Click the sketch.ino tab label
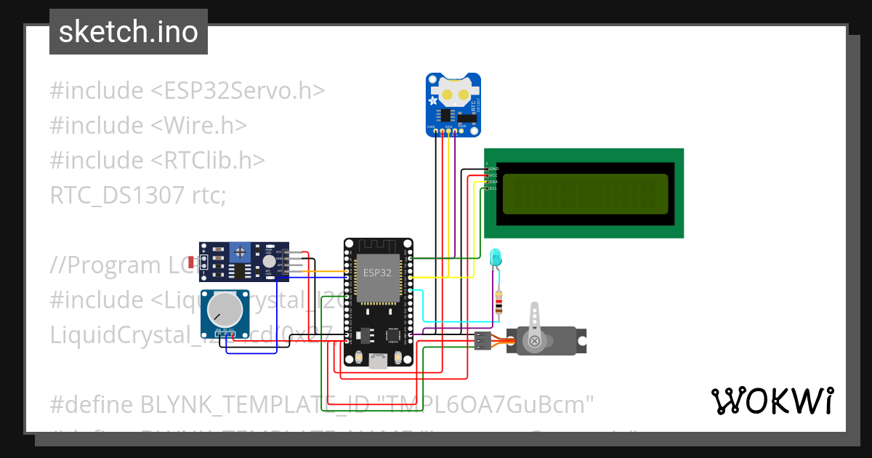(128, 32)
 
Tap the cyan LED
(496, 257)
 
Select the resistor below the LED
(498, 302)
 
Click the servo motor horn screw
(535, 340)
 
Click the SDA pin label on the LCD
(493, 182)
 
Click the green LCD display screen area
(584, 194)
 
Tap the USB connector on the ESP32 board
(378, 360)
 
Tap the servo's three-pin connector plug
(483, 340)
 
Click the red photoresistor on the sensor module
(191, 263)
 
